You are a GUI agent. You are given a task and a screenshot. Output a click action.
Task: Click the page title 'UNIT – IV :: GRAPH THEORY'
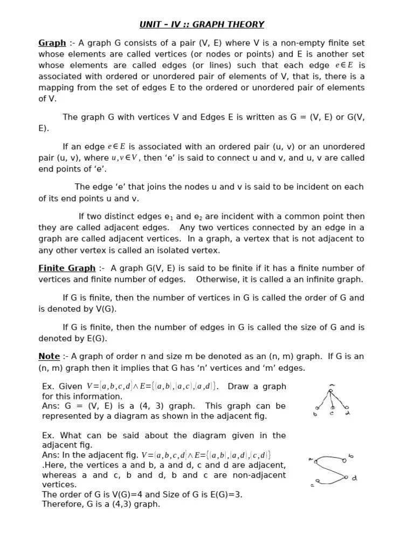click(x=202, y=24)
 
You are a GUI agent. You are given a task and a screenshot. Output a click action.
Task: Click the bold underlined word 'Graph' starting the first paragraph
click(x=52, y=43)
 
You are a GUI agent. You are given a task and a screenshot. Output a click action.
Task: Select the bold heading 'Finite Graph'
click(x=66, y=268)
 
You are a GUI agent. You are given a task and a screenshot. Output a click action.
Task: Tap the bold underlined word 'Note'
click(x=49, y=356)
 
